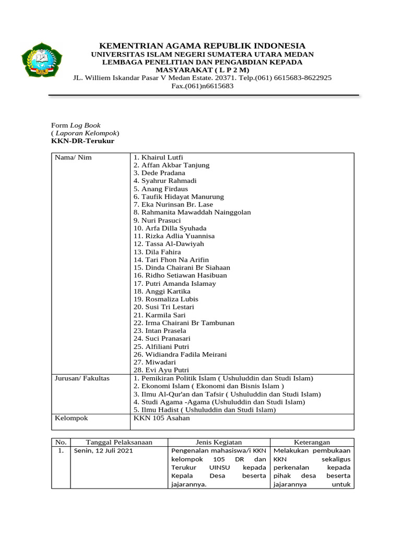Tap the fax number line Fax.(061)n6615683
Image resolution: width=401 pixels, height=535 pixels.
(x=203, y=86)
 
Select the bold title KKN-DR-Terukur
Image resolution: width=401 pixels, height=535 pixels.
(x=82, y=141)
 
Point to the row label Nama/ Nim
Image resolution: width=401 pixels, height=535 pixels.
(x=73, y=157)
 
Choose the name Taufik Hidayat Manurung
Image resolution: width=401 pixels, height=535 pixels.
(x=179, y=196)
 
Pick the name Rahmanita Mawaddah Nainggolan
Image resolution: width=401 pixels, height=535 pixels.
(x=192, y=212)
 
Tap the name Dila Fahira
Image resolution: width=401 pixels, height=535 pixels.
(x=157, y=252)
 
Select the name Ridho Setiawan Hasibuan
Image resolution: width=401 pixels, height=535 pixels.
(x=180, y=275)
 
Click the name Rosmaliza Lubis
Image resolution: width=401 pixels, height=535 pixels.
(x=166, y=299)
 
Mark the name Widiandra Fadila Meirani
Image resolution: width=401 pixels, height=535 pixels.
(x=180, y=355)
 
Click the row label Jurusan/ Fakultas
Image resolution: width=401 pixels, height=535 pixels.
(x=82, y=378)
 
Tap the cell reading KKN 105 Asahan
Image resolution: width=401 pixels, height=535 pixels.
(x=162, y=418)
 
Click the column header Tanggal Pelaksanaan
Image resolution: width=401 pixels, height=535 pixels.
(x=119, y=442)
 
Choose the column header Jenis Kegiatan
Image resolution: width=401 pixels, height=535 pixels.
(x=219, y=442)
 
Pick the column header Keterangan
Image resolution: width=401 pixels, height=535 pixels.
(x=312, y=442)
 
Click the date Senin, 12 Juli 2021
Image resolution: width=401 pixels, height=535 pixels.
(x=103, y=450)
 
